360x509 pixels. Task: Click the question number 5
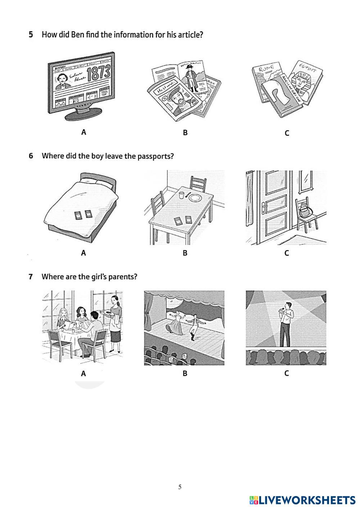click(x=31, y=35)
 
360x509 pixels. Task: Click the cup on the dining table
click(x=181, y=195)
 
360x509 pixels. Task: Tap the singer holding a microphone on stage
click(x=286, y=324)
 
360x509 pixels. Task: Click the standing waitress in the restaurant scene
click(x=115, y=322)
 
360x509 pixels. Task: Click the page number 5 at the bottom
click(x=180, y=487)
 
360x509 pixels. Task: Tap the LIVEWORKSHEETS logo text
click(x=307, y=500)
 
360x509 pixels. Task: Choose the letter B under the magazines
click(x=185, y=133)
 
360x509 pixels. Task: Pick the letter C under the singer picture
click(x=287, y=373)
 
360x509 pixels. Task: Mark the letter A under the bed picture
click(x=84, y=253)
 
